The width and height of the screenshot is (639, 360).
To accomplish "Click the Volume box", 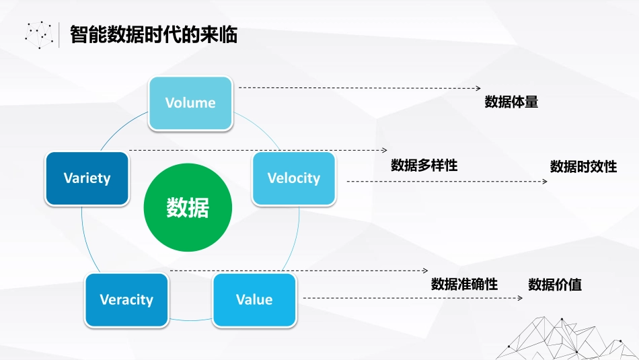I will coord(190,103).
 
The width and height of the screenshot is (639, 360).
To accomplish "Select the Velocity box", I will coord(294,178).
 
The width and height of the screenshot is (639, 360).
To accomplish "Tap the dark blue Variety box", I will coord(87,178).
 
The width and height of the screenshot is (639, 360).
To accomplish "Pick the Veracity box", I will coord(126,300).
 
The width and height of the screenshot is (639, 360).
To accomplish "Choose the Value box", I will coord(254,300).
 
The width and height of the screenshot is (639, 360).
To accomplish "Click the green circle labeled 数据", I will coord(188,208).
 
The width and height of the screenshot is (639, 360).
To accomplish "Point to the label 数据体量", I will coord(511,102).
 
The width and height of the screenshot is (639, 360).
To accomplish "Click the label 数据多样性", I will coord(424,166).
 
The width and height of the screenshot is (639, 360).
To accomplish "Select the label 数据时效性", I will coord(583,167).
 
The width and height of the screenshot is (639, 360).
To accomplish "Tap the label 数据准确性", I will coord(464,284).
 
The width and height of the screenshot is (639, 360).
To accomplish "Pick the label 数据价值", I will coord(555,285).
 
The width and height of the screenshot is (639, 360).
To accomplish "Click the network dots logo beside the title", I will coord(39,34).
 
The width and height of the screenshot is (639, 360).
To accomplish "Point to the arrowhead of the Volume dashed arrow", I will coord(478,88).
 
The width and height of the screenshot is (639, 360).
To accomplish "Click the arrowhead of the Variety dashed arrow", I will coord(385,150).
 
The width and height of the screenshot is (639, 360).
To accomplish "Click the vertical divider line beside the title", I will coord(59,34).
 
